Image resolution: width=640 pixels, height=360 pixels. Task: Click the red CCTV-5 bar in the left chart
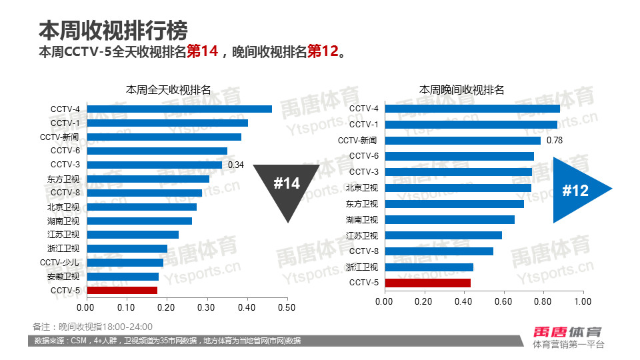tap(122, 290)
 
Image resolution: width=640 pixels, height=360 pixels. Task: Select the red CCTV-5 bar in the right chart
tap(427, 283)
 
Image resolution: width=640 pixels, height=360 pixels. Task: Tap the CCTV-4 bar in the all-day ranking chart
tap(179, 109)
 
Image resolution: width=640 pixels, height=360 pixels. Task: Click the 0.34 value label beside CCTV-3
tap(236, 165)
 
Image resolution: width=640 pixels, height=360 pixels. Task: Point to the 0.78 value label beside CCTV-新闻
tap(555, 140)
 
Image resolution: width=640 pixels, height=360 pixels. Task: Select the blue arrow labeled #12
tap(579, 191)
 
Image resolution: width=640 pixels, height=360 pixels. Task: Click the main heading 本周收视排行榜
tap(113, 30)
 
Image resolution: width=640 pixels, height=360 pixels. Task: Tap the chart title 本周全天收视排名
tap(168, 89)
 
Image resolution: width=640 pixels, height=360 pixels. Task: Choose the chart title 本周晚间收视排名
tap(461, 89)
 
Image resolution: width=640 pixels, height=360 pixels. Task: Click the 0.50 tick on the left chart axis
tap(287, 307)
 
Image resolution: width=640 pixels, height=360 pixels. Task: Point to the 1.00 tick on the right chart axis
tap(583, 301)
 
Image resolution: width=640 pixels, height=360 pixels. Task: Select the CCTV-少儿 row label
tap(60, 262)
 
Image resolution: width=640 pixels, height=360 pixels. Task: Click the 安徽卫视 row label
tap(63, 276)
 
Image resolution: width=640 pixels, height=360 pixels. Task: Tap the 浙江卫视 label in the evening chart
tap(362, 267)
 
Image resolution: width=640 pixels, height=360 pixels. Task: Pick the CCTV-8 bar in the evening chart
tap(439, 251)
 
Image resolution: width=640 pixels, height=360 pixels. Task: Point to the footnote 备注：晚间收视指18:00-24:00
tap(93, 327)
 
